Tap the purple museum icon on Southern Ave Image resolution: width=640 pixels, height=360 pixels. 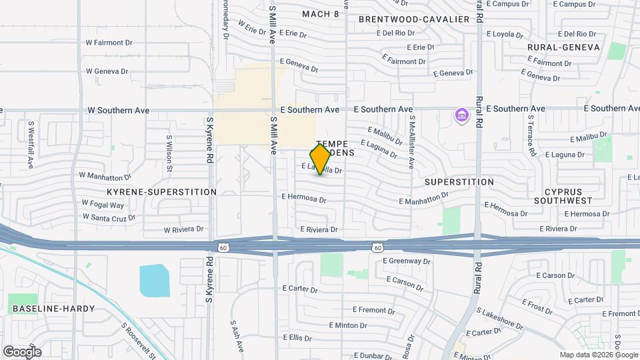click(461, 116)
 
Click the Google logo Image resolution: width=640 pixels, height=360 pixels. click(22, 351)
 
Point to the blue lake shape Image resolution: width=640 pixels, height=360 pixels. click(154, 280)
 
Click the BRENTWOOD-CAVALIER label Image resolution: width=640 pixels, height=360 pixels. click(414, 19)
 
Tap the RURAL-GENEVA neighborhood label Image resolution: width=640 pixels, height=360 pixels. click(563, 47)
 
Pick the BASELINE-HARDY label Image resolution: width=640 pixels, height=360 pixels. click(54, 309)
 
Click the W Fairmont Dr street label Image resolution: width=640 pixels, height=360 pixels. click(109, 42)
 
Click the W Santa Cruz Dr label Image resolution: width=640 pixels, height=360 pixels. click(109, 217)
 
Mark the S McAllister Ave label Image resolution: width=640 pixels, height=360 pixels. click(412, 142)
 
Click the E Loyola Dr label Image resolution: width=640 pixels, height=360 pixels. click(511, 33)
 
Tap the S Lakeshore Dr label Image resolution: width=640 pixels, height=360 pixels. click(500, 317)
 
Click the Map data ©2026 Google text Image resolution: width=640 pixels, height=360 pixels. click(597, 355)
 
